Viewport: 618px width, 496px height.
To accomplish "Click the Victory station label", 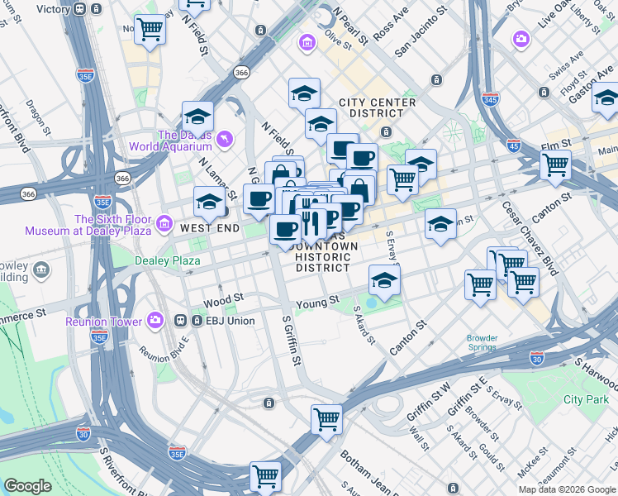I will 54,9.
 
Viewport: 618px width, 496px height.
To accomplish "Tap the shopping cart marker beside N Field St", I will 150,29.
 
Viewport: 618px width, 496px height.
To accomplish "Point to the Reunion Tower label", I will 103,320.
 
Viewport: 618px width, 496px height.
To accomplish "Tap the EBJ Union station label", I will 228,320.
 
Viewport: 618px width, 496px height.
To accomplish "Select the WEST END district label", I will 210,227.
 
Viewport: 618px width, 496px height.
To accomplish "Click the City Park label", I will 585,399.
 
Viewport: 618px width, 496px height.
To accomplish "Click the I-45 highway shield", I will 514,145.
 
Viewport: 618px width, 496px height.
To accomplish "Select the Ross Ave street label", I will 391,26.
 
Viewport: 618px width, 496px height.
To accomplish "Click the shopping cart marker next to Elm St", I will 555,164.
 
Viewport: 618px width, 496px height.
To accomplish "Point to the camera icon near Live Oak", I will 521,39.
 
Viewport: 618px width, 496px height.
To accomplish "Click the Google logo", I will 28,486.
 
